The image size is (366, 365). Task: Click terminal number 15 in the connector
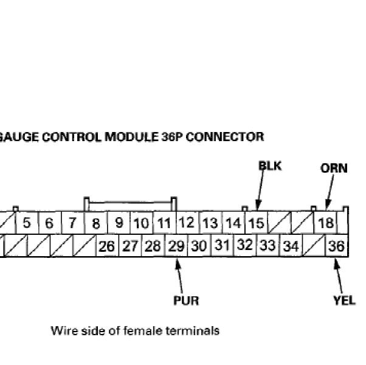[257, 223]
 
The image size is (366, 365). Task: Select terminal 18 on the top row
[326, 223]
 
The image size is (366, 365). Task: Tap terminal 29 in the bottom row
[176, 246]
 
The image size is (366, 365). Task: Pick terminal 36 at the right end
[336, 246]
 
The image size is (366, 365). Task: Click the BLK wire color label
[270, 165]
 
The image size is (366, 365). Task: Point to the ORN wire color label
[334, 168]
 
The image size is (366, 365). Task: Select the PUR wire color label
[186, 300]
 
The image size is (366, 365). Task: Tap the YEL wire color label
[344, 300]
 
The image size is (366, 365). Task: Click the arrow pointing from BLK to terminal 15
[260, 194]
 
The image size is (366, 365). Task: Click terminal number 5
[27, 223]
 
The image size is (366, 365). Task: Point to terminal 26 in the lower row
[107, 246]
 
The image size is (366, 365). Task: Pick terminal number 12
[188, 223]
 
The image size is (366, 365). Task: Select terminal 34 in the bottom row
[291, 246]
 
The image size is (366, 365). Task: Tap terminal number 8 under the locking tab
[96, 223]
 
